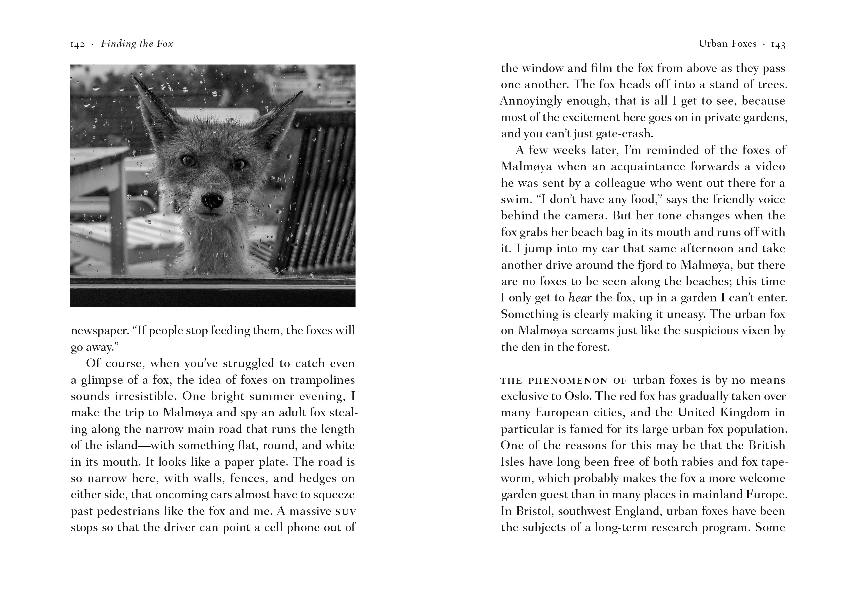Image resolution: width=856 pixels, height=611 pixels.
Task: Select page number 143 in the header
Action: pos(778,44)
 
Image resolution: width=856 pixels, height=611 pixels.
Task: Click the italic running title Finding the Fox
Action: pos(137,44)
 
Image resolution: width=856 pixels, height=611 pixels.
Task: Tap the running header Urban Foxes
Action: pos(728,44)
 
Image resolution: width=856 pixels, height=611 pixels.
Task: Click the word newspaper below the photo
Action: pos(98,331)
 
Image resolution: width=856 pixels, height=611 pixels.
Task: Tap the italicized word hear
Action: pos(580,298)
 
